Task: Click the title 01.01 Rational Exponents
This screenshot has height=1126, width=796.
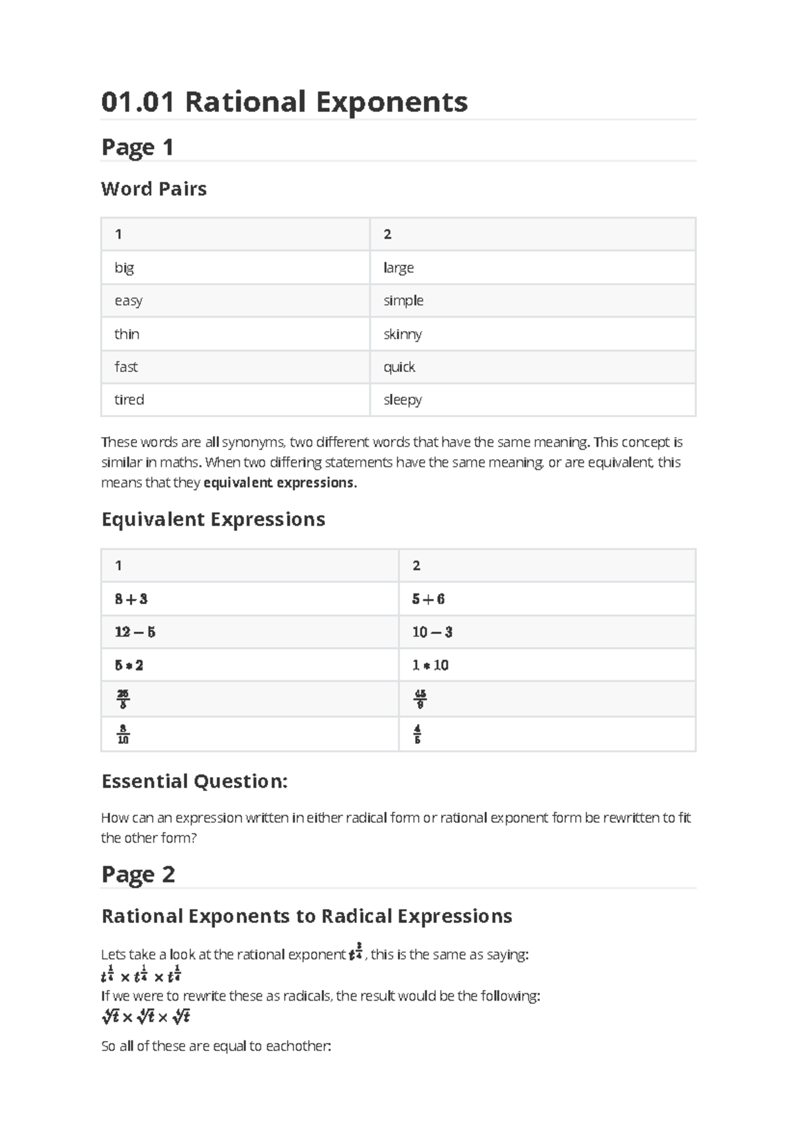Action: pyautogui.click(x=284, y=102)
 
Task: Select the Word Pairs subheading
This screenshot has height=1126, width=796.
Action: pyautogui.click(x=154, y=189)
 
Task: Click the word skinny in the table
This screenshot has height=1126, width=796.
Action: pyautogui.click(x=403, y=334)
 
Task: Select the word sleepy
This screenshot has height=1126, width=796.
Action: pyautogui.click(x=403, y=400)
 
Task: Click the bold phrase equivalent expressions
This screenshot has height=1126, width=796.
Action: pyautogui.click(x=280, y=483)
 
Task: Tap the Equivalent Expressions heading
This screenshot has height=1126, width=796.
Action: pyautogui.click(x=213, y=519)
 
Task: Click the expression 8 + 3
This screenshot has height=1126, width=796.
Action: pyautogui.click(x=131, y=599)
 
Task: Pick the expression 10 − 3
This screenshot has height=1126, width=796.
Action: pyautogui.click(x=432, y=632)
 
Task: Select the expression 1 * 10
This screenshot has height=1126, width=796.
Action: pyautogui.click(x=431, y=665)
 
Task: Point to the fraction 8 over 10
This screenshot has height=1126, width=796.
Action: pyautogui.click(x=123, y=734)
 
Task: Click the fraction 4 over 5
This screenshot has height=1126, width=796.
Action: pyautogui.click(x=417, y=734)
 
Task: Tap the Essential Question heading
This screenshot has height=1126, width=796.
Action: pyautogui.click(x=194, y=781)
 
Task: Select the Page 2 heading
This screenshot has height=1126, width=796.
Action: pyautogui.click(x=138, y=874)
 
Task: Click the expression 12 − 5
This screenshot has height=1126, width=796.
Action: pyautogui.click(x=135, y=632)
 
